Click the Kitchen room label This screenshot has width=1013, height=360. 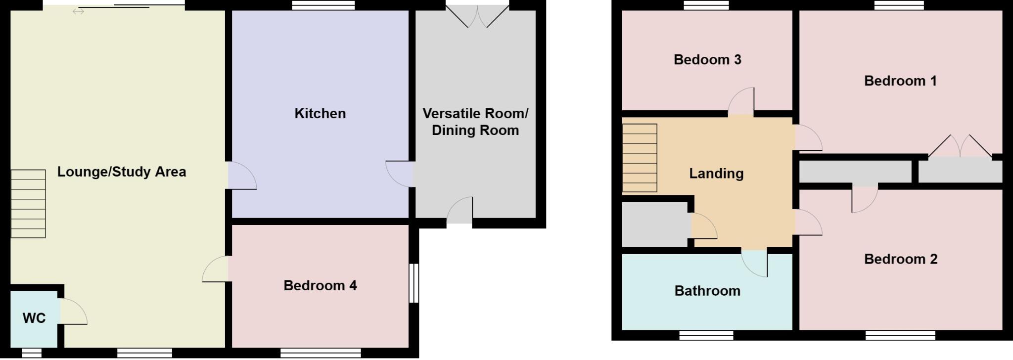[x=320, y=114]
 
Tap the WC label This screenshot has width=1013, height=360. [x=34, y=318]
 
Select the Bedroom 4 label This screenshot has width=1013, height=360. [x=320, y=285]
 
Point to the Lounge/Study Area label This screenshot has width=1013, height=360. [x=122, y=172]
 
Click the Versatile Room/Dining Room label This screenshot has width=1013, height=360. [x=475, y=122]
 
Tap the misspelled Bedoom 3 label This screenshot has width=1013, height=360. [x=707, y=60]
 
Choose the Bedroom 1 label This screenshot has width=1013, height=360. [x=900, y=81]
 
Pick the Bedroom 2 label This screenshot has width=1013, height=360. [x=901, y=259]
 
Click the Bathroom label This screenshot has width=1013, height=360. [x=707, y=291]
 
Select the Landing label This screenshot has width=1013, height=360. [x=716, y=174]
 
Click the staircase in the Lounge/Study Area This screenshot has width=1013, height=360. [x=28, y=204]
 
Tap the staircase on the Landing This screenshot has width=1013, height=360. [x=640, y=158]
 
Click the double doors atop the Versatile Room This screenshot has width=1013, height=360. [x=477, y=16]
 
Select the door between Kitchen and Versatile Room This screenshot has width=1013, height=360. [x=400, y=174]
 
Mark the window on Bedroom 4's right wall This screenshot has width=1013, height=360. [x=414, y=283]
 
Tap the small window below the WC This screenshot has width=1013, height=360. [x=32, y=353]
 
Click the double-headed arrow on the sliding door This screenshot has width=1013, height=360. [x=78, y=11]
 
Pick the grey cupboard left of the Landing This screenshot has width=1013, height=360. [x=654, y=225]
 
